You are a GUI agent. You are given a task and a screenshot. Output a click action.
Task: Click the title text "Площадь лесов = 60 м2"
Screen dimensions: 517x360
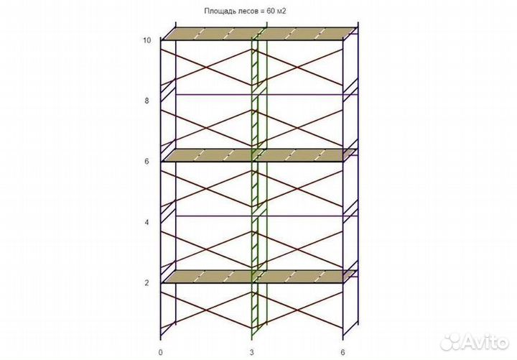pos(245,11)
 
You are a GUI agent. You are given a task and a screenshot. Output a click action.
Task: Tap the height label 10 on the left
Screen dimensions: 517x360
pos(146,40)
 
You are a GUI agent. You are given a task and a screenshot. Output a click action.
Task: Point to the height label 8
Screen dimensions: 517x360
pos(146,101)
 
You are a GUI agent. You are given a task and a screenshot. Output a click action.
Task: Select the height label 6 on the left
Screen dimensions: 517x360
pos(146,162)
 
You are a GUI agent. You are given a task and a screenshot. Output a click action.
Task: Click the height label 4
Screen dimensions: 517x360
pos(146,222)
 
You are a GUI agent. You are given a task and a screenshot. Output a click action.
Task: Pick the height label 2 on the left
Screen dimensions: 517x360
pos(146,283)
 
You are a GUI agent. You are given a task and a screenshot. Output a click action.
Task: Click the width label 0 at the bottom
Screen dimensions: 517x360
pos(161,352)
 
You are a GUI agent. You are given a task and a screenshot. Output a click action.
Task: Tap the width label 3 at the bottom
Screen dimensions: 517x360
pos(252,352)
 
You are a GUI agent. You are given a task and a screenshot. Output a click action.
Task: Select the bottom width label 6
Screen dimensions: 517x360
pos(343,352)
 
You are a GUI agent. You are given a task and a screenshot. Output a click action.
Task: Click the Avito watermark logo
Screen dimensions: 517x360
pos(474,341)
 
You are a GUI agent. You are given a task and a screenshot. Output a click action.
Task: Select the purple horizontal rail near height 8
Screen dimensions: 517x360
pos(266,95)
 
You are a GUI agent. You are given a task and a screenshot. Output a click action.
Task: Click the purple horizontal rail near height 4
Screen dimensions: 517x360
pos(266,216)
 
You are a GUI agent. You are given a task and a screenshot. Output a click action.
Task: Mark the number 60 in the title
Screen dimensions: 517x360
pos(271,11)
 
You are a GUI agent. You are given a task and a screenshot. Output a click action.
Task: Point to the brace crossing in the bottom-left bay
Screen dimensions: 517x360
pos(206,310)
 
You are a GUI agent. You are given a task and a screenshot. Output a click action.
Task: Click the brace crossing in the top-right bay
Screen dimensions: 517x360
pos(297,68)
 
